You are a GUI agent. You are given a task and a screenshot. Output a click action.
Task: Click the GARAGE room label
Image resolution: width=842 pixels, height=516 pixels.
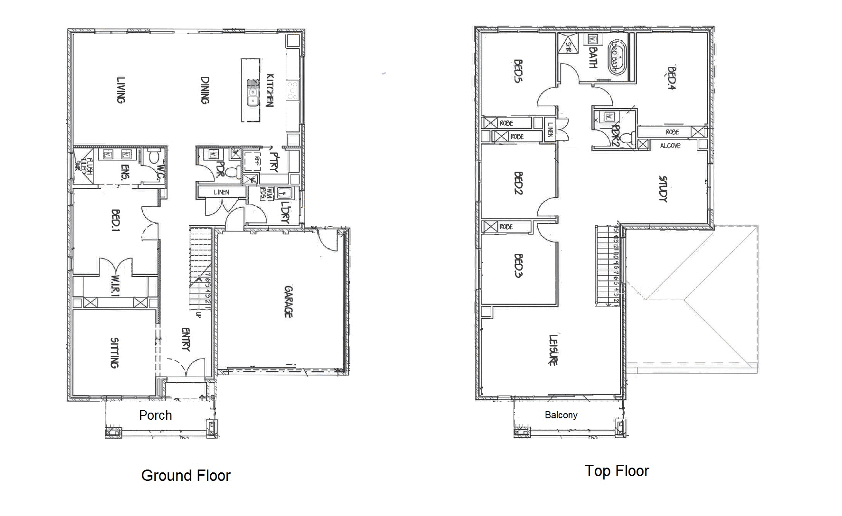[288, 302]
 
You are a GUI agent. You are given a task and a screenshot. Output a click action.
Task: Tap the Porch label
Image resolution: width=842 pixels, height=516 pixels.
[155, 415]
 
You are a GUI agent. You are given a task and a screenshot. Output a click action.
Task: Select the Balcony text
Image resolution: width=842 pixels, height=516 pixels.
[561, 415]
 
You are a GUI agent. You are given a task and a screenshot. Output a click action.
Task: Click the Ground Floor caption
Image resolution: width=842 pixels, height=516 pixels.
[186, 475]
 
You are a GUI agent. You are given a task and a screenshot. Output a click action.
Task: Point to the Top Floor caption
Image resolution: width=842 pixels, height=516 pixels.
[617, 470]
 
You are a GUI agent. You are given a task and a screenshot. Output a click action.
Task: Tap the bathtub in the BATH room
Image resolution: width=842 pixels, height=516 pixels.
[615, 58]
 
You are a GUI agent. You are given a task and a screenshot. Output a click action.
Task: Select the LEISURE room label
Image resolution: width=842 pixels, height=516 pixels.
[553, 350]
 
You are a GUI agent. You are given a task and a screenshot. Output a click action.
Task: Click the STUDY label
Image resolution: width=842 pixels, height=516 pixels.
[663, 189]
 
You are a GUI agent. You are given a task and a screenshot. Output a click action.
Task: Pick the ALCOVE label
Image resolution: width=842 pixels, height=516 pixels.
[670, 146]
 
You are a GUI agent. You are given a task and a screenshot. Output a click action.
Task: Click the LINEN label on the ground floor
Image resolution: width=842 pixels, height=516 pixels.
[221, 192]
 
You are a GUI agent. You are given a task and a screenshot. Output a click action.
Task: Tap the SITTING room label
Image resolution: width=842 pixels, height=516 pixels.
[114, 352]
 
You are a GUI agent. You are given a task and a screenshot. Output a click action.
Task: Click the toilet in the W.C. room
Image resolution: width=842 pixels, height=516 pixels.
[153, 157]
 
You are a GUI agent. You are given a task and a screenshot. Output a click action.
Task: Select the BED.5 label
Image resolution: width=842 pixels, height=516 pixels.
[518, 71]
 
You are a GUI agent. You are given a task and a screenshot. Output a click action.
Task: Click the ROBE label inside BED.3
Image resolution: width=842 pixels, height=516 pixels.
[506, 227]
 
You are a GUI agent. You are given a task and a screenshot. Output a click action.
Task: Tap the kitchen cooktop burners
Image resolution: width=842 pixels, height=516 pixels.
[292, 91]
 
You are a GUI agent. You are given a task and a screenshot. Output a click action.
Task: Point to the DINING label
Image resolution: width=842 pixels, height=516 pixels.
[205, 90]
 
